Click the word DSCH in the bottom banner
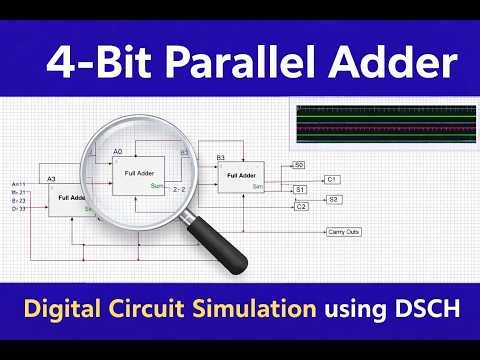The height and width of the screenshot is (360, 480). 431,312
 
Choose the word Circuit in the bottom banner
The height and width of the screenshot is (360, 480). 146,312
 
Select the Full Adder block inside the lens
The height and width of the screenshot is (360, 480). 140,176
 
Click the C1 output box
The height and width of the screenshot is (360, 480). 333,178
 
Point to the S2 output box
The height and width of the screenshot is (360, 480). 333,199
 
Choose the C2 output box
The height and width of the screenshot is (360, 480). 300,206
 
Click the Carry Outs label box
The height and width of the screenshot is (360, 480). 344,231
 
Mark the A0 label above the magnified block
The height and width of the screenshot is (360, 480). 118,151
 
